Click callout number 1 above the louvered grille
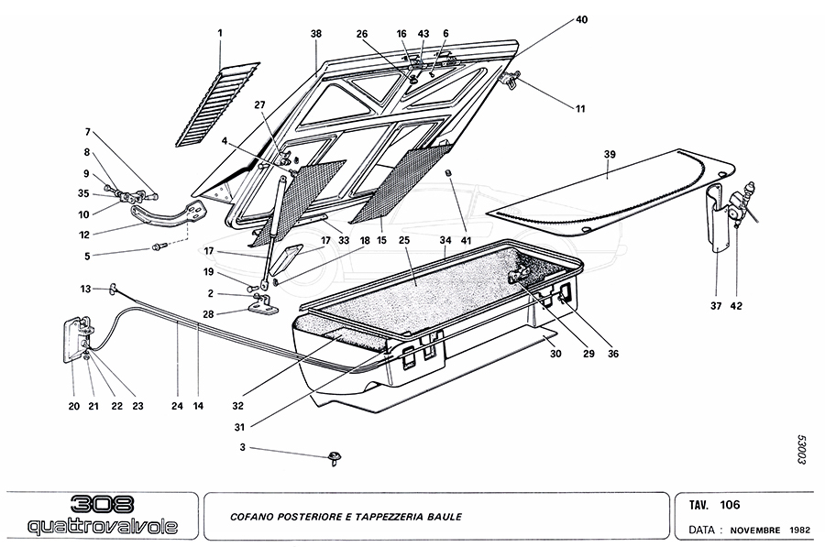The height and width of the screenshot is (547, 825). (220, 33)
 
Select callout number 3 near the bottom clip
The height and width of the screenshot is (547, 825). (243, 447)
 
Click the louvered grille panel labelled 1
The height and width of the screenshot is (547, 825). (216, 104)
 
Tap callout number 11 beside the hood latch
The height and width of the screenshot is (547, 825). (579, 109)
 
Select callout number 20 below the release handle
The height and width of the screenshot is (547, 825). (73, 407)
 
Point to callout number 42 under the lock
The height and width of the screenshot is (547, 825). (737, 306)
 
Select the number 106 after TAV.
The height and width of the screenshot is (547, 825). (730, 505)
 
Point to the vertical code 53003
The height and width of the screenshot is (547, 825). (799, 450)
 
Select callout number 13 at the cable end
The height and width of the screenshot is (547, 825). (85, 289)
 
